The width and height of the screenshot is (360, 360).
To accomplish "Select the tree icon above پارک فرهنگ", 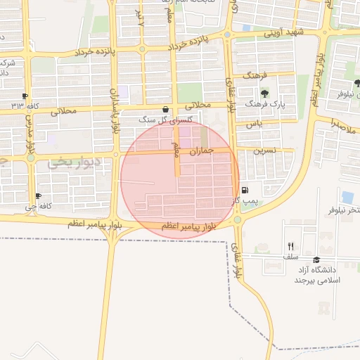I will point(264,93).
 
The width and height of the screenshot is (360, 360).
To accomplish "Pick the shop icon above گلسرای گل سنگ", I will point(165,110).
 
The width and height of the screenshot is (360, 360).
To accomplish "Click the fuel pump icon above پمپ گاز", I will point(245,191).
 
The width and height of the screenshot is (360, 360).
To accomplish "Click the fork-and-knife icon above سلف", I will point(290,246).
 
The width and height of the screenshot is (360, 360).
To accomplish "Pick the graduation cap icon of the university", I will point(316,259).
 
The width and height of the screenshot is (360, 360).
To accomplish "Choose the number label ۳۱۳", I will point(17,105).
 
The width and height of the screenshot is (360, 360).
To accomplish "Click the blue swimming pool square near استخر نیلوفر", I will point(347,197).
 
